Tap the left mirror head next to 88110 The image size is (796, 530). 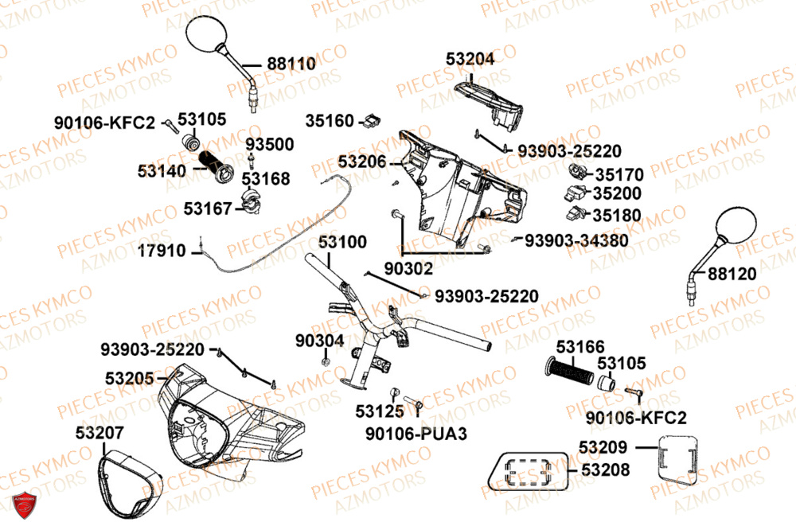[x=209, y=40]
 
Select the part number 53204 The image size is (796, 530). [x=470, y=58]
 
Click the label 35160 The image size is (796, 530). [x=330, y=121]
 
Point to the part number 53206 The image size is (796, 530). [x=362, y=162]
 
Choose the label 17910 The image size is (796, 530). [x=162, y=251]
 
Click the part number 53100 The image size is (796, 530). [x=343, y=241]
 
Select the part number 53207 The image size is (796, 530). [x=100, y=433]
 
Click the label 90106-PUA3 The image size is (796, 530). [x=416, y=434]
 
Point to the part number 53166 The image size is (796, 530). [x=580, y=347]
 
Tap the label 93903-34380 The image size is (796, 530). [x=576, y=240]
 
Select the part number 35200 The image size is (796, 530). [x=618, y=193]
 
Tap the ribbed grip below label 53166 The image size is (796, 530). [x=568, y=371]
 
